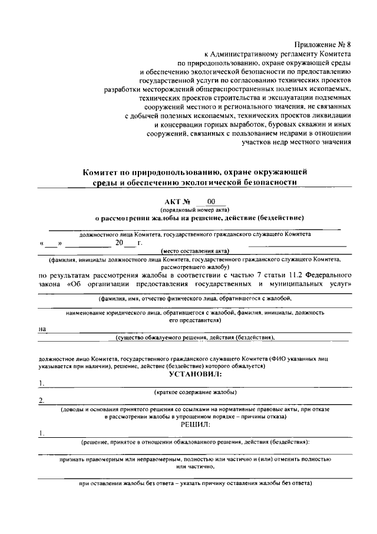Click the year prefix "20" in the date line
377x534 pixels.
click(x=119, y=243)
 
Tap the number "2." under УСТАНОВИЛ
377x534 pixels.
click(x=41, y=401)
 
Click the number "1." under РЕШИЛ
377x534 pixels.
click(x=41, y=433)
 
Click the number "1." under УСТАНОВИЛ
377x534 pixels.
click(x=41, y=383)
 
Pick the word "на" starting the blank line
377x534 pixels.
click(x=42, y=329)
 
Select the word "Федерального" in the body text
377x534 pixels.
click(x=331, y=275)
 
